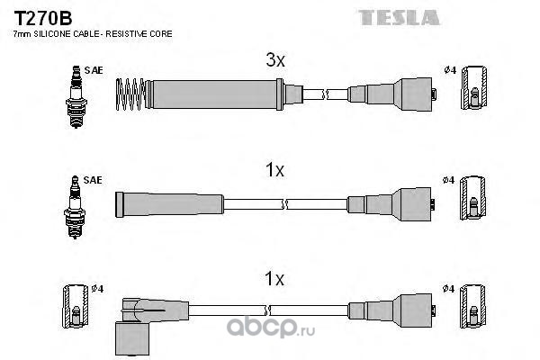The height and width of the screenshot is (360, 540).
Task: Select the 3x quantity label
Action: tap(275, 61)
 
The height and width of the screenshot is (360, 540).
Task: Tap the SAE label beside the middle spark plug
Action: tap(94, 180)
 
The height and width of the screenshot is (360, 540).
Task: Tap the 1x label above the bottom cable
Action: tap(275, 279)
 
